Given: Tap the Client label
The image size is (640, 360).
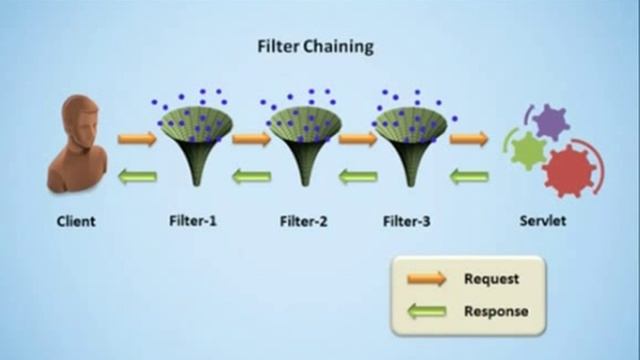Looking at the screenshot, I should click(75, 221).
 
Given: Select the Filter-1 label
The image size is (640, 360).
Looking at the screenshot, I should click(193, 221).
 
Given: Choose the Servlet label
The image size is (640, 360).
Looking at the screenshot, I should click(542, 221).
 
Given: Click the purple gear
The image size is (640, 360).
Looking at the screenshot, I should click(549, 122).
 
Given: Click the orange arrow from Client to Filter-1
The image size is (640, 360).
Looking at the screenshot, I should click(137, 139).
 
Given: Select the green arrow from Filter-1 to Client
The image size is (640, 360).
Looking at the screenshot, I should click(137, 177).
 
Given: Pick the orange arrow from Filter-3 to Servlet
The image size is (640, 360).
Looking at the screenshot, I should click(468, 139).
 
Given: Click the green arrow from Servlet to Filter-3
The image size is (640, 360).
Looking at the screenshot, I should click(468, 177).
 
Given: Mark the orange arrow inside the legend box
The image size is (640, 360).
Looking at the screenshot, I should click(425, 280).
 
